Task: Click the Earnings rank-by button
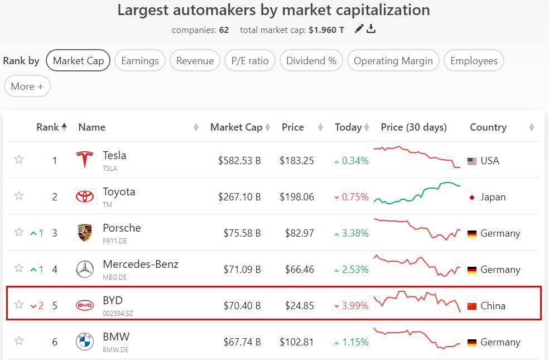pyautogui.click(x=139, y=61)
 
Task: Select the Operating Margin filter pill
pyautogui.click(x=393, y=61)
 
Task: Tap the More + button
pyautogui.click(x=27, y=87)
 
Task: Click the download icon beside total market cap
pyautogui.click(x=371, y=29)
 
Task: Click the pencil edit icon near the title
pyautogui.click(x=359, y=29)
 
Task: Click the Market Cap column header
pyautogui.click(x=236, y=127)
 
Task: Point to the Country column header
pyautogui.click(x=488, y=127)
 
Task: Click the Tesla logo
pyautogui.click(x=85, y=160)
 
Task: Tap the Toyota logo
pyautogui.click(x=85, y=196)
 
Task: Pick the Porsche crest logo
pyautogui.click(x=85, y=233)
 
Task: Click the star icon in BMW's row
pyautogui.click(x=19, y=341)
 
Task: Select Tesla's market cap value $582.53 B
pyautogui.click(x=239, y=161)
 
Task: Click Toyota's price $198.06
pyautogui.click(x=297, y=197)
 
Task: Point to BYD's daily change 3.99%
pyautogui.click(x=355, y=306)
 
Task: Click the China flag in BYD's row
pyautogui.click(x=472, y=306)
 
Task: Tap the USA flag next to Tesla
pyautogui.click(x=472, y=161)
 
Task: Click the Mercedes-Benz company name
pyautogui.click(x=141, y=264)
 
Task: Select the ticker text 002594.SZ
pyautogui.click(x=118, y=314)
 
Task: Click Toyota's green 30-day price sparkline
pyautogui.click(x=417, y=193)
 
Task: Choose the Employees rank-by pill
pyautogui.click(x=474, y=61)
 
